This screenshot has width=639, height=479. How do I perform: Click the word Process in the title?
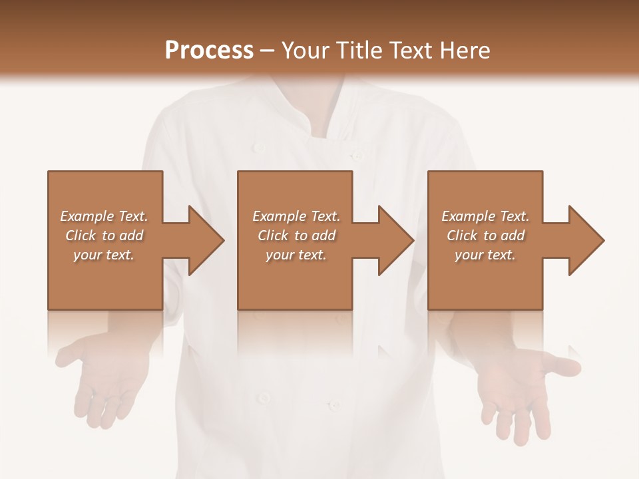pyautogui.click(x=209, y=51)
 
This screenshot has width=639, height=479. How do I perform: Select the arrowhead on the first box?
pyautogui.click(x=200, y=241)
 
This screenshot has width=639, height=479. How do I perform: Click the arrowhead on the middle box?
pyautogui.click(x=390, y=241)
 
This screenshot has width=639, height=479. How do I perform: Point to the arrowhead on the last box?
pyautogui.click(x=580, y=241)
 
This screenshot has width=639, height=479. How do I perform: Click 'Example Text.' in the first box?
pyautogui.click(x=104, y=216)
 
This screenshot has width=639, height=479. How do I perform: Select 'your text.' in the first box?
pyautogui.click(x=104, y=255)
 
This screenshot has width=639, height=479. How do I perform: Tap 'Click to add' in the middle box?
pyautogui.click(x=296, y=236)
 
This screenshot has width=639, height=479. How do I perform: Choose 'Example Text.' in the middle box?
pyautogui.click(x=296, y=216)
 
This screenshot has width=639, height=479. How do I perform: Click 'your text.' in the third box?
pyautogui.click(x=485, y=255)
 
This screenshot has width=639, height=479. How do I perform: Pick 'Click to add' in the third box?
pyautogui.click(x=485, y=236)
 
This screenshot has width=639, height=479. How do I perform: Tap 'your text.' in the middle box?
pyautogui.click(x=296, y=255)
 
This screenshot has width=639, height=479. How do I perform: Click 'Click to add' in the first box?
pyautogui.click(x=104, y=236)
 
